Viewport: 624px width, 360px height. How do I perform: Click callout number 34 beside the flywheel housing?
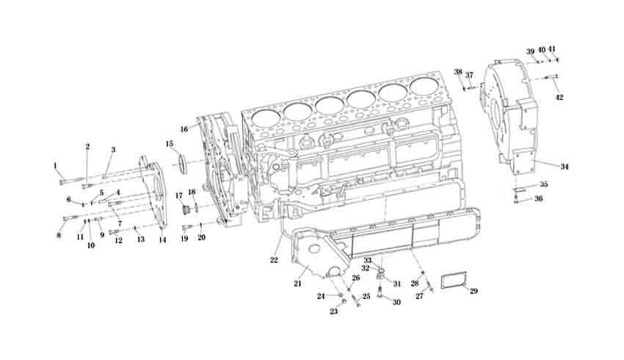coord(565,167)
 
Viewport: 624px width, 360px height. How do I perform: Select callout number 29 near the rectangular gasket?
coord(474,292)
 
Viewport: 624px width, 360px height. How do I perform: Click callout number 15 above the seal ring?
coord(170,143)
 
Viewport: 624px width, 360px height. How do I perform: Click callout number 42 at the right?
coord(559,97)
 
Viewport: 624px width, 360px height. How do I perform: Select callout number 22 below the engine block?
coord(275,259)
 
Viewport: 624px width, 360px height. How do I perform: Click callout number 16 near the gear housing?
coord(184,129)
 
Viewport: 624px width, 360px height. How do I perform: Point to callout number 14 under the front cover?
coord(162,240)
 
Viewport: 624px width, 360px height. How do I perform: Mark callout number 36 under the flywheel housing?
coord(539,198)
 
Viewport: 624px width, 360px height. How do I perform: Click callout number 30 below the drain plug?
coord(396,302)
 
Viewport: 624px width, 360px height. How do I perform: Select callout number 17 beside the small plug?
coord(178,195)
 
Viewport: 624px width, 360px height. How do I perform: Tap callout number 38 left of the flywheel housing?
coord(458,72)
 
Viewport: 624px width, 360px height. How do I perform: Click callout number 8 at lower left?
coord(59,235)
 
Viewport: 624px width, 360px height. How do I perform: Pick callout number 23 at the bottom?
coord(333,312)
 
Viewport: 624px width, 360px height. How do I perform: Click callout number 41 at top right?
coord(552,49)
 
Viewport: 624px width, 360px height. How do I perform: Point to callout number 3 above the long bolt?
coord(113,150)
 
